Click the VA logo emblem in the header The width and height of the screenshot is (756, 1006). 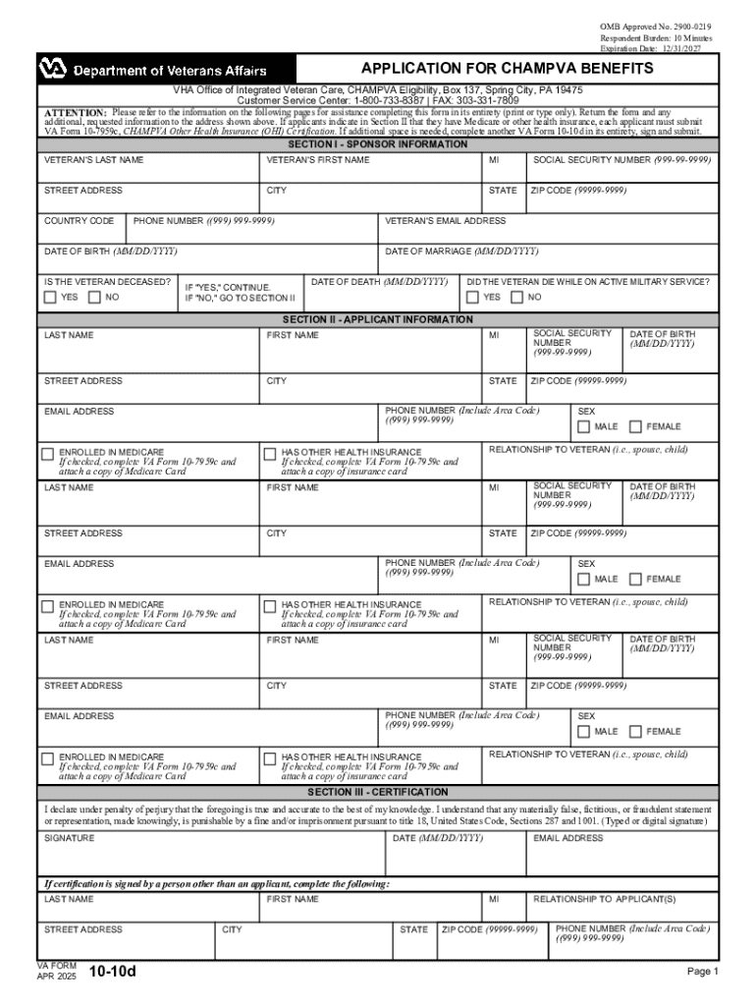click(x=50, y=70)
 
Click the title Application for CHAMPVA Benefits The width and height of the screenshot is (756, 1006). click(x=507, y=69)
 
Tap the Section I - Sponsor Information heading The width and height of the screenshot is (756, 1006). click(x=377, y=144)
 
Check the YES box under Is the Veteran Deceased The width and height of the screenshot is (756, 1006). click(x=50, y=297)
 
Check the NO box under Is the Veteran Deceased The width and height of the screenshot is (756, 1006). click(x=94, y=297)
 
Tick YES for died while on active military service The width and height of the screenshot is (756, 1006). click(x=473, y=297)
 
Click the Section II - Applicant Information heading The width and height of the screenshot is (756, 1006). click(x=377, y=319)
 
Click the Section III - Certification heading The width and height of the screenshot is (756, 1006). click(x=377, y=792)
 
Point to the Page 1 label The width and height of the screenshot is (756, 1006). click(x=703, y=972)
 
